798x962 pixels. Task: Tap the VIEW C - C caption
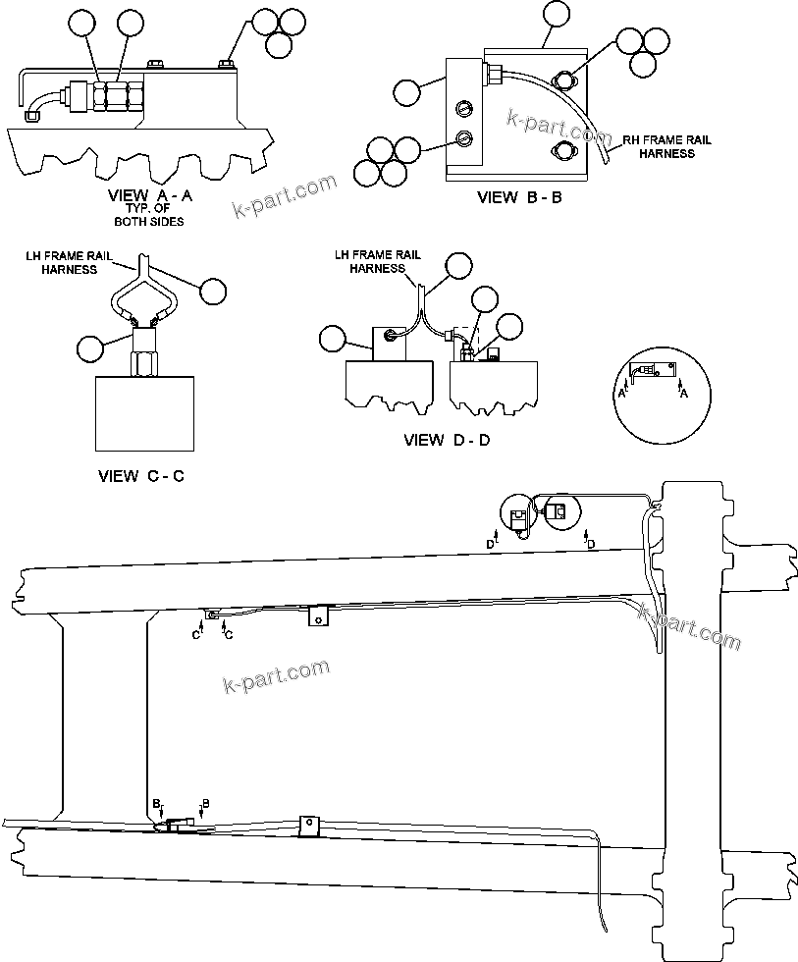coord(141,476)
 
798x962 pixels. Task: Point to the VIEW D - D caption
coord(447,440)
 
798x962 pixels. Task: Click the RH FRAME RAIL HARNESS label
coord(667,146)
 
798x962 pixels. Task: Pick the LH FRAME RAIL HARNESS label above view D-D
coord(378,261)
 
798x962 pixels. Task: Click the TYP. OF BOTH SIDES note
coord(148,215)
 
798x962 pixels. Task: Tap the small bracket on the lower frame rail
coord(309,825)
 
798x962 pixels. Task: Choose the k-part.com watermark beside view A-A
coord(285,194)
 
